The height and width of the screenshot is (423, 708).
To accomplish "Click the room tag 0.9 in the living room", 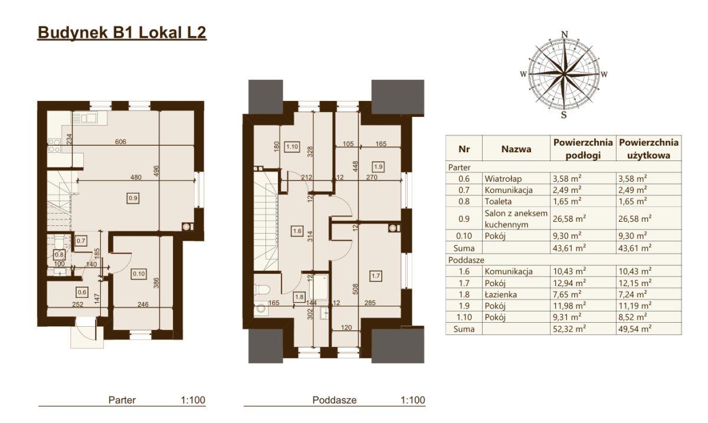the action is [x=133, y=198].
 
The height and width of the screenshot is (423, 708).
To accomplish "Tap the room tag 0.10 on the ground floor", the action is [x=139, y=274].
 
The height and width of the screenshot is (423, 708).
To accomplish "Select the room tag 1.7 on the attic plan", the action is [x=375, y=276].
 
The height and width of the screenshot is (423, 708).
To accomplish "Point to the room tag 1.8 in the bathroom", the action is [x=299, y=297].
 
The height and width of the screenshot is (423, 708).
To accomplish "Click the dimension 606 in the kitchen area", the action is [x=121, y=142].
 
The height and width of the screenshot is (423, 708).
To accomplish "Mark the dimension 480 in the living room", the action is [x=136, y=178].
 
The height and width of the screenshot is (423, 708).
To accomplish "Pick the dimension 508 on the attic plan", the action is [x=355, y=290].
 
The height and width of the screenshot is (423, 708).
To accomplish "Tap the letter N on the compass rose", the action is [x=565, y=34].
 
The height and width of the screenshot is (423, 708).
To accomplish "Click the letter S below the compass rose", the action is [x=564, y=115].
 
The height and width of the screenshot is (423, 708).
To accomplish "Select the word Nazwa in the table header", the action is [x=516, y=149].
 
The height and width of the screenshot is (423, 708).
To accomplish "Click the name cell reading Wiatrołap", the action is [x=503, y=179].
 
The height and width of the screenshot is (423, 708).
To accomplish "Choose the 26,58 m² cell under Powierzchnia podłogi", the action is [x=569, y=219].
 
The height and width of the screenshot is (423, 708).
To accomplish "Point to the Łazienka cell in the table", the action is [x=501, y=294].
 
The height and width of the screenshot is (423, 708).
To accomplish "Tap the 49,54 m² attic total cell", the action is [x=635, y=329].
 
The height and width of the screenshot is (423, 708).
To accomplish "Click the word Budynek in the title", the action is [x=73, y=32].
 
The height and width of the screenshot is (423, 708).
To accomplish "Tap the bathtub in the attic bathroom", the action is [x=319, y=287].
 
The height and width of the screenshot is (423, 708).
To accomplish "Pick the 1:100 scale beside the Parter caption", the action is [x=193, y=400].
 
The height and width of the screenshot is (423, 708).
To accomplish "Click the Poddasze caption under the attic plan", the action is [x=335, y=400].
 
